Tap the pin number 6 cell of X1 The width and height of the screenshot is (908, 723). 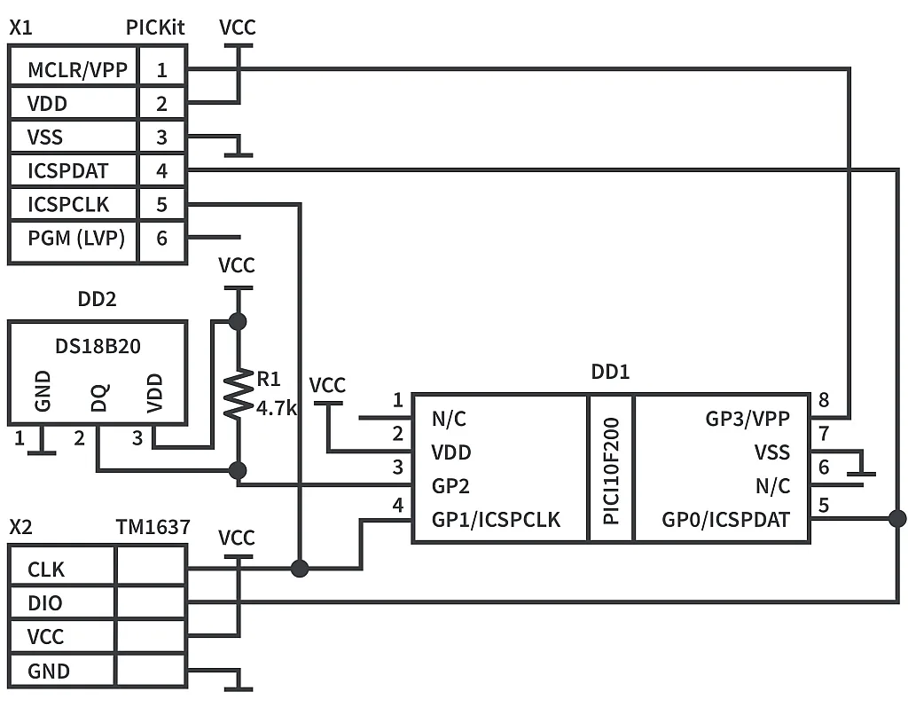(x=161, y=238)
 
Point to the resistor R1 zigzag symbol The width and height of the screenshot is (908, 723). (x=238, y=395)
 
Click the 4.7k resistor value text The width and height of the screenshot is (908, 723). (x=276, y=409)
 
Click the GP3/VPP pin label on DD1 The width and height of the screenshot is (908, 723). (x=747, y=419)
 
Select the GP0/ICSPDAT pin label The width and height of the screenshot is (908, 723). (x=725, y=520)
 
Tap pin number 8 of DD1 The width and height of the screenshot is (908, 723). (x=824, y=400)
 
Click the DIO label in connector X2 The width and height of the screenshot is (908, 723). (x=45, y=603)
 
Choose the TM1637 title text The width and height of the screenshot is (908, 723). (x=153, y=528)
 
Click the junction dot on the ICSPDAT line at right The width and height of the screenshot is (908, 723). (x=897, y=518)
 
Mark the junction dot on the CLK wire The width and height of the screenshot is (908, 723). (x=300, y=568)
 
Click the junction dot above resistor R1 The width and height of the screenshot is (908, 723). (x=237, y=320)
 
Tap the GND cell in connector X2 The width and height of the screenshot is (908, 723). (x=49, y=672)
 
